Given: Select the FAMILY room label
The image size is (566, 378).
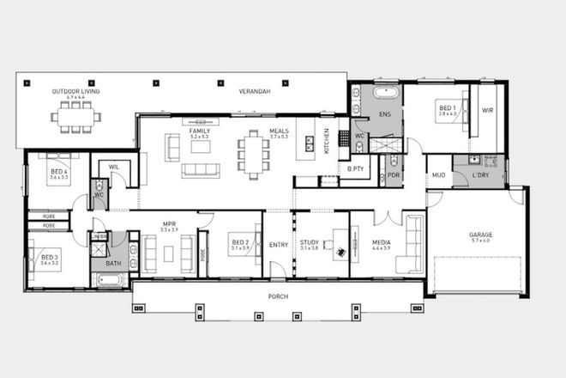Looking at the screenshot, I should [x=200, y=131].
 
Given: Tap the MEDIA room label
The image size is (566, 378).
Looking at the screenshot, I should [x=381, y=242].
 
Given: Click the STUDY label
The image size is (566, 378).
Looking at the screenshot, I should [x=309, y=242].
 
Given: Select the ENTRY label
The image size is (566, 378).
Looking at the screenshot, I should [x=278, y=245].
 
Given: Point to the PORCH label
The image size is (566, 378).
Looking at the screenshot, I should [x=277, y=296].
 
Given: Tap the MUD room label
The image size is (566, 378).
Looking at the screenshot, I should [x=438, y=174].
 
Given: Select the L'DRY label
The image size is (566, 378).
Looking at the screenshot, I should [x=479, y=175].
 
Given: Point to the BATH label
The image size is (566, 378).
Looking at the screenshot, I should [x=113, y=264].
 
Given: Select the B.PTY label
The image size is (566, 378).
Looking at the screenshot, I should [x=355, y=169].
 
